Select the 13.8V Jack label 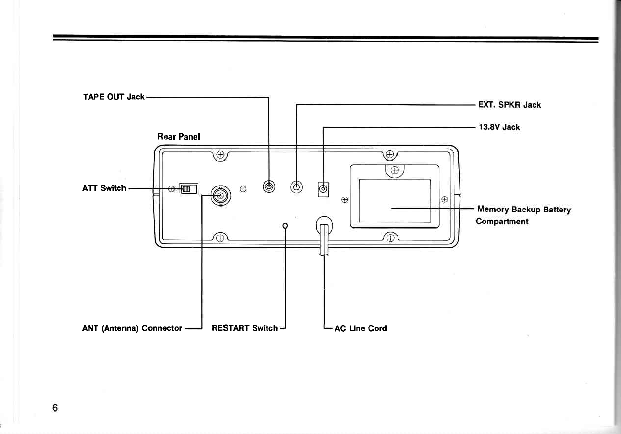499,127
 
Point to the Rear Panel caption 179,136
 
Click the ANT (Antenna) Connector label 132,328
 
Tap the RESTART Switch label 244,328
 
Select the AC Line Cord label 360,328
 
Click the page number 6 55,407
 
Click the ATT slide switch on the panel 188,189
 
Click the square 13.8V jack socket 323,189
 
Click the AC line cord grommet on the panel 324,225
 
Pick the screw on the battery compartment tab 394,171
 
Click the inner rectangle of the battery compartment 395,200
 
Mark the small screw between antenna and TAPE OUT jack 243,189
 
